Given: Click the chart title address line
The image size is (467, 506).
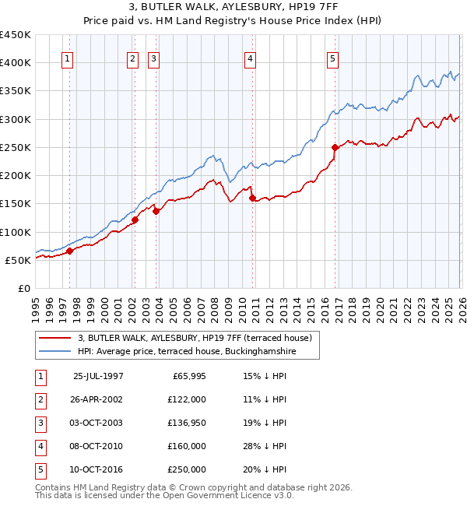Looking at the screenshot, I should pyautogui.click(x=233, y=8).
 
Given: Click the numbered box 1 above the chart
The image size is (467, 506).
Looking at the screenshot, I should pyautogui.click(x=68, y=58).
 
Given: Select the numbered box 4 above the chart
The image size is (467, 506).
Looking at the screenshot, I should pyautogui.click(x=250, y=58).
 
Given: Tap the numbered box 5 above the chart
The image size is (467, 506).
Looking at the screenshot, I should pyautogui.click(x=332, y=58).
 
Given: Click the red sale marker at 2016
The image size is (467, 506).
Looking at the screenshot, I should pyautogui.click(x=335, y=147).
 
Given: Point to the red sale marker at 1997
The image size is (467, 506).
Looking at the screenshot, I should pyautogui.click(x=69, y=251).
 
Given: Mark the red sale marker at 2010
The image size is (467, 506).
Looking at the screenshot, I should pyautogui.click(x=252, y=198).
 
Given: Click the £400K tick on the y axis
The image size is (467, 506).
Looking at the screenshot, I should pyautogui.click(x=16, y=63).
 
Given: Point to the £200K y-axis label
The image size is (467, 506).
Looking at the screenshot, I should pyautogui.click(x=16, y=176).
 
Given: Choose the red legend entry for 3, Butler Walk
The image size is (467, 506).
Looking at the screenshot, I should pyautogui.click(x=195, y=338).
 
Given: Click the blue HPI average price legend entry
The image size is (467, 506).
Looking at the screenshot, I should pyautogui.click(x=187, y=352).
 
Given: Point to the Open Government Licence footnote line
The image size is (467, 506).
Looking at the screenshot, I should pyautogui.click(x=164, y=495).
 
